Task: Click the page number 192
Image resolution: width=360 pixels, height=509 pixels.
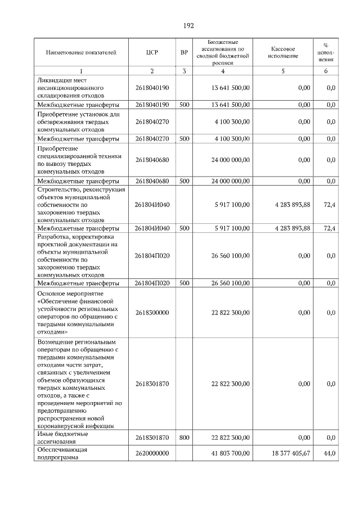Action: pyautogui.click(x=188, y=26)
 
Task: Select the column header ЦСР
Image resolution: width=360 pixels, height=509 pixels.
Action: pyautogui.click(x=151, y=52)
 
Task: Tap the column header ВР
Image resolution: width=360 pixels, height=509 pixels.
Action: pyautogui.click(x=184, y=52)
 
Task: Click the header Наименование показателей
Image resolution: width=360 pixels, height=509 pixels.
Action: pyautogui.click(x=81, y=52)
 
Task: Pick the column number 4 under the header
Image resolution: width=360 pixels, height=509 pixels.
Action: pyautogui.click(x=223, y=71)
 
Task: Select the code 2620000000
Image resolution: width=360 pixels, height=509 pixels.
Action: pyautogui.click(x=152, y=453)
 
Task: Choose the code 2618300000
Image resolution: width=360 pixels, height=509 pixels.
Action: pyautogui.click(x=152, y=312)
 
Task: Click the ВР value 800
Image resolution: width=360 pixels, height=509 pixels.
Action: pyautogui.click(x=184, y=437)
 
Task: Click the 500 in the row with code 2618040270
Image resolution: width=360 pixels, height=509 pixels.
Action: pyautogui.click(x=184, y=138)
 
